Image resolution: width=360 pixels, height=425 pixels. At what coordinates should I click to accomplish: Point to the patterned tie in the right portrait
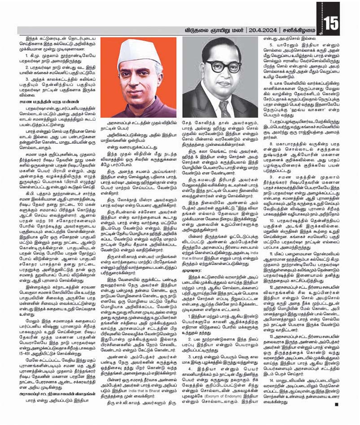[224, 108]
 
